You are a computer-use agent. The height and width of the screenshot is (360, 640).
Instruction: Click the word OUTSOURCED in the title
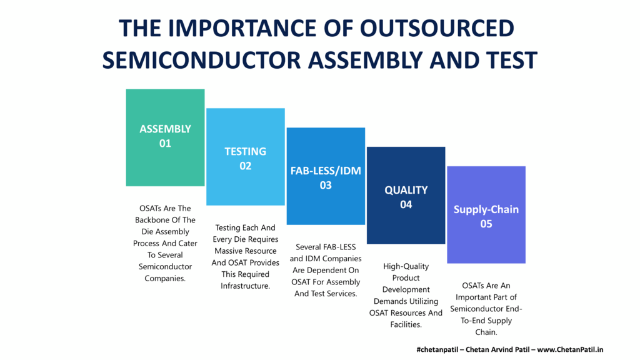coord(437,28)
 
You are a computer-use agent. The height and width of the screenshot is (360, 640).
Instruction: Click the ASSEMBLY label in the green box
coord(165,129)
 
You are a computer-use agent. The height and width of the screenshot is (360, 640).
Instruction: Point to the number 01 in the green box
coord(165,143)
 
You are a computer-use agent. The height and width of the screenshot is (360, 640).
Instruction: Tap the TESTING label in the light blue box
coord(245,151)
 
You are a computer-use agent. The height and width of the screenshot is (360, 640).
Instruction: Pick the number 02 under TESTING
coord(245,166)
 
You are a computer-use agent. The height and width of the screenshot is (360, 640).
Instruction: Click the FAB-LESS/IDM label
coord(326,171)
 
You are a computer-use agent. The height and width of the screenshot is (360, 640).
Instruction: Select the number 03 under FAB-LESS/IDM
coord(326,185)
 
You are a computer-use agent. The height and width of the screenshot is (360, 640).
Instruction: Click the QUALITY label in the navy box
coord(406,190)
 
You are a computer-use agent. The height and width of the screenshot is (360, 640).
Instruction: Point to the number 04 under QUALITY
coord(406,204)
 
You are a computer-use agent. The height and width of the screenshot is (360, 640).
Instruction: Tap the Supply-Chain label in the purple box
coord(486,210)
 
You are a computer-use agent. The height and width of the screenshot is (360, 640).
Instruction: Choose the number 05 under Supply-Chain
coord(486,224)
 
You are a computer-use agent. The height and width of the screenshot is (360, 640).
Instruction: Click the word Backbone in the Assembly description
coord(149,220)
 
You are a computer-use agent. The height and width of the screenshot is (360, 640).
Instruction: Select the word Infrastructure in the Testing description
coord(245,286)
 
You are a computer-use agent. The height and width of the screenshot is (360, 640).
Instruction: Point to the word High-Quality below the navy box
coord(406,266)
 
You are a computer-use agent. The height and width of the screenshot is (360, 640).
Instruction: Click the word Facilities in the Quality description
coord(406,324)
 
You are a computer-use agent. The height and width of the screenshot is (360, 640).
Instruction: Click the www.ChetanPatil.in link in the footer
coord(570,349)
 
